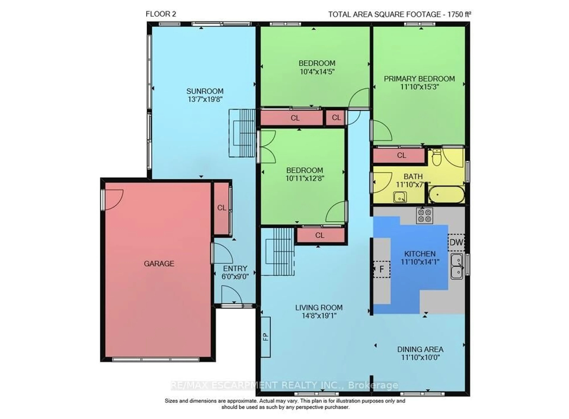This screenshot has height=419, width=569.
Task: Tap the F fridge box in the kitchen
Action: tap(381, 269)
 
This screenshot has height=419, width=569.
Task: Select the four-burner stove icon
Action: tap(424, 216)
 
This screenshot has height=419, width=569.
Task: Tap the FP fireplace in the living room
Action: tap(266, 337)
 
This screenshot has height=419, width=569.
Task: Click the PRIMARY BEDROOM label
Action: tap(419, 79)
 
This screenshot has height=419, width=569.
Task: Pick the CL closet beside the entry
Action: tap(222, 208)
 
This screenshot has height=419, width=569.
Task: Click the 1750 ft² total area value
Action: tap(459, 15)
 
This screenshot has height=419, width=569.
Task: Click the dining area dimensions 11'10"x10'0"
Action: tap(420, 358)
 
